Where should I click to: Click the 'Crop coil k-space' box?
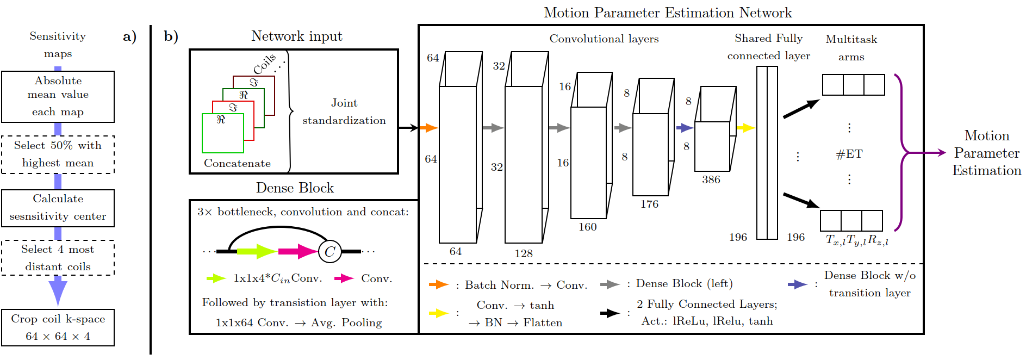58,327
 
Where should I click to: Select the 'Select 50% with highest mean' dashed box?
58,154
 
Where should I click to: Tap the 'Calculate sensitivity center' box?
58,208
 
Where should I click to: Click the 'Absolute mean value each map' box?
58,96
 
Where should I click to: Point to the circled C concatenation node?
329,252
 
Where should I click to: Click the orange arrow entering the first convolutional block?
428,128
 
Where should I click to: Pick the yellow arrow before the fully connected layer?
745,128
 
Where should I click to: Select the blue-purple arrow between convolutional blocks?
685,128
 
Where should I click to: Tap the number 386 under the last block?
711,179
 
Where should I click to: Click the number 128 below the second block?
524,253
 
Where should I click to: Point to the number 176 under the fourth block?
649,204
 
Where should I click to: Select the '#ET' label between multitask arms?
849,154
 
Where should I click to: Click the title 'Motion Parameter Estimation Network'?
668,13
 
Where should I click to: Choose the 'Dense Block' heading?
295,188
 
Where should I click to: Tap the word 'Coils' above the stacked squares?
265,64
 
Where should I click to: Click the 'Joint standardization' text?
344,111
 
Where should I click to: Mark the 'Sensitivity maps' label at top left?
58,45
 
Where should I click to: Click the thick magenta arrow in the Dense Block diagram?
297,251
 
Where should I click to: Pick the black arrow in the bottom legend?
610,313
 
